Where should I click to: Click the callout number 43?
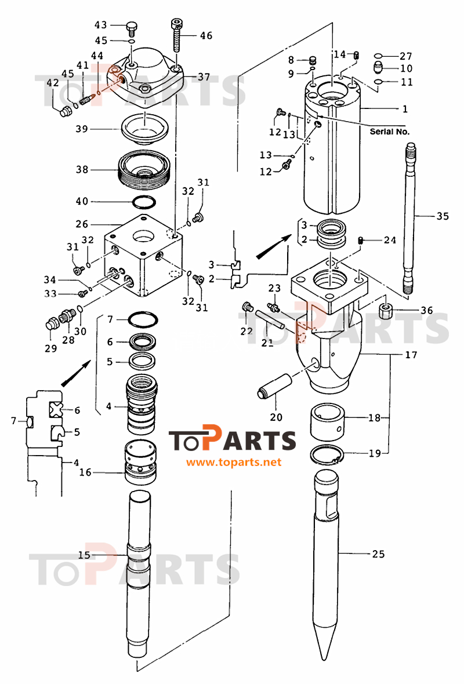click(x=101, y=25)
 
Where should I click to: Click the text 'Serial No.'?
click(x=390, y=132)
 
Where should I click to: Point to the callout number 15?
click(x=84, y=555)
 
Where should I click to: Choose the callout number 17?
click(x=411, y=355)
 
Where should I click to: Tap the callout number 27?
click(x=405, y=56)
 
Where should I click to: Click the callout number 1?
click(x=405, y=108)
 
